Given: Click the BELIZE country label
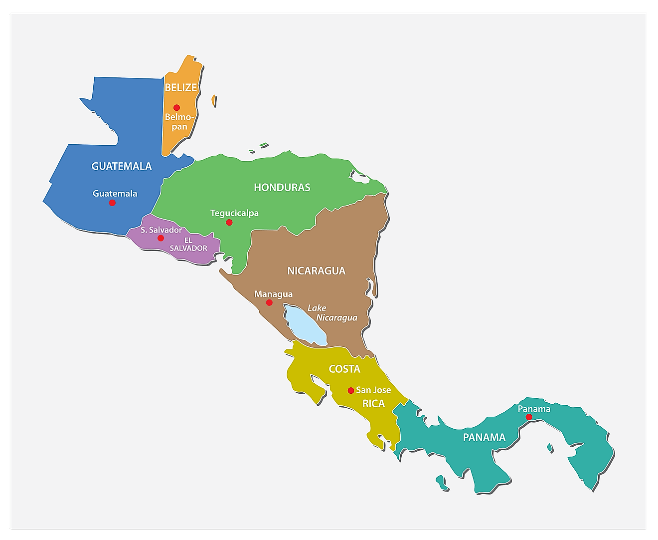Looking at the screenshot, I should point(181,87).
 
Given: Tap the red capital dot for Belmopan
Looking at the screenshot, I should point(176,107).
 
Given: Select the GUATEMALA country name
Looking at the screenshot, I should point(121,166).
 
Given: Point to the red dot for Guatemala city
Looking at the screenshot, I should point(112,203).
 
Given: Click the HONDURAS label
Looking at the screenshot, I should point(282,187).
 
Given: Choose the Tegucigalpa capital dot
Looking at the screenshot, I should point(229,222).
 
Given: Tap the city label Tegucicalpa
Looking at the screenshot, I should point(234,213).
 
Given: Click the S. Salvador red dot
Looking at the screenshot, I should point(161,238).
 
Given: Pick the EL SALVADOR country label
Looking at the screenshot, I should point(188,244).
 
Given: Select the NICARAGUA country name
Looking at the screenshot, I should point(316,270).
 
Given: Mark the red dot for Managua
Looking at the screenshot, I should point(269,302).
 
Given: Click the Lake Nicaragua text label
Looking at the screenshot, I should point(332,313).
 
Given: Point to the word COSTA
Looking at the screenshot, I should point(344,369).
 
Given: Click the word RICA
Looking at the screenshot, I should point(373,404).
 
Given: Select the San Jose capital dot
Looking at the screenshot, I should point(351,390).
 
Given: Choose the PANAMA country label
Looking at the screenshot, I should point(484,437).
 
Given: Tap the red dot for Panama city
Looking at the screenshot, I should point(529,417).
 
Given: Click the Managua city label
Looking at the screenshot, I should point(273,294).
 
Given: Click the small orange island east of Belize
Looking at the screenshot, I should point(214,100).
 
